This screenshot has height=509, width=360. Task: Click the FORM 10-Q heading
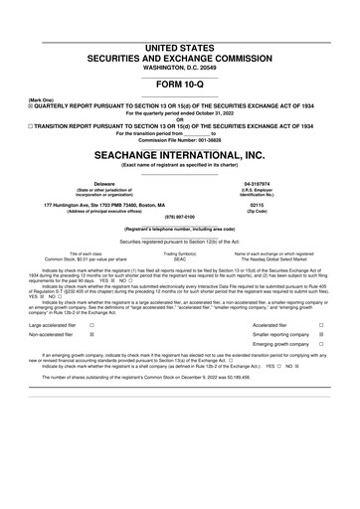coord(180,84)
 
